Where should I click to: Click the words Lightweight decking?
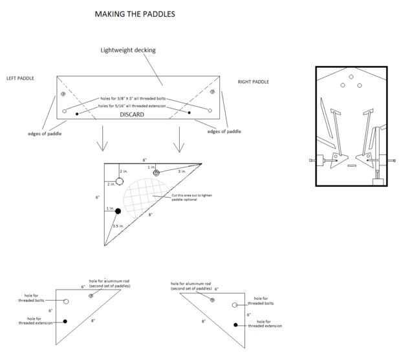[128, 50]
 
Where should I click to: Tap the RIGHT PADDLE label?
[254, 82]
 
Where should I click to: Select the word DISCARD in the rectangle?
[132, 114]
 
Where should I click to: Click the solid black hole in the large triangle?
[118, 211]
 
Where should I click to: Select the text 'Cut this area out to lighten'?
[188, 195]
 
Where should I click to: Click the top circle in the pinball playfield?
[351, 77]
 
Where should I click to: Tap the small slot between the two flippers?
[351, 165]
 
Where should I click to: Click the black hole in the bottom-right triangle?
[235, 324]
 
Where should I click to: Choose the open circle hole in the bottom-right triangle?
[235, 304]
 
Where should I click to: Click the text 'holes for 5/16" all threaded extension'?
[135, 105]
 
